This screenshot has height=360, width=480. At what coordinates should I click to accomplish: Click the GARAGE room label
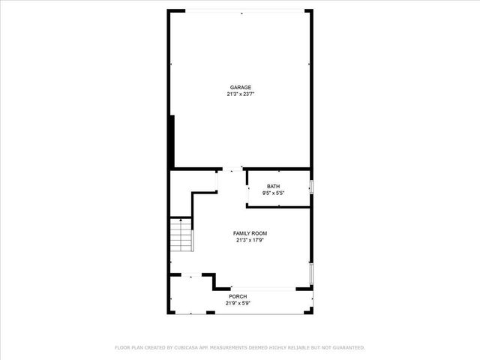[240, 87]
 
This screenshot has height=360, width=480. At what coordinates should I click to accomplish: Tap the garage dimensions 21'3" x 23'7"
[240, 94]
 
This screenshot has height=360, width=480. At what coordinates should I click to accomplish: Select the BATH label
[274, 186]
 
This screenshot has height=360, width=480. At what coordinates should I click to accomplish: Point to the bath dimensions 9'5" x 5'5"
[274, 193]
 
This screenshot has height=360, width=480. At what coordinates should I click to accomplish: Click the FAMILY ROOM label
[250, 233]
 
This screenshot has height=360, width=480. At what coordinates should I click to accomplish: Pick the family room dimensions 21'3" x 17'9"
[250, 241]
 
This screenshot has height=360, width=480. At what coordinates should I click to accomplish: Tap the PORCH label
[238, 296]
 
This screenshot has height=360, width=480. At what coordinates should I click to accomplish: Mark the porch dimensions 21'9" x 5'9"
[238, 304]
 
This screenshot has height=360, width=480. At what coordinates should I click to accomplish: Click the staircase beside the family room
[182, 235]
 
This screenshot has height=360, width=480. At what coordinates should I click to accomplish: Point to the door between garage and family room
[234, 169]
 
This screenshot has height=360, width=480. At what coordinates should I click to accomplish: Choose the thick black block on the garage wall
[172, 140]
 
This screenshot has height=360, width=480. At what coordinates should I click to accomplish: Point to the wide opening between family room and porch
[262, 289]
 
